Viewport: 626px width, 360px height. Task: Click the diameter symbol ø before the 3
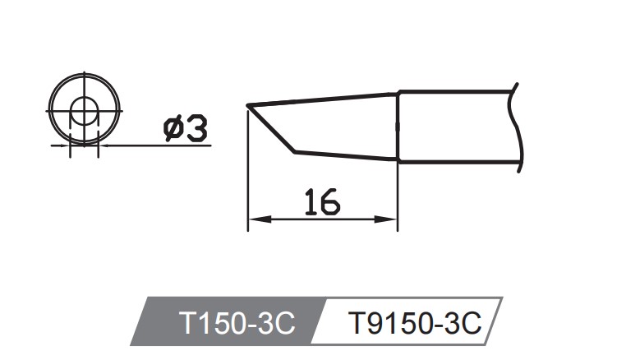point(174,128)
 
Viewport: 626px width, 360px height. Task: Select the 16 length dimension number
point(321,201)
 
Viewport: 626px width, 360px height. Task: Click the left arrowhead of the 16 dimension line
point(254,219)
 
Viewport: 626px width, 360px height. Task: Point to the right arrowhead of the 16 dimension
point(392,219)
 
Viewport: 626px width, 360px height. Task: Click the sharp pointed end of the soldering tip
point(248,105)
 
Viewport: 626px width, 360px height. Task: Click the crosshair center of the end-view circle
point(84,110)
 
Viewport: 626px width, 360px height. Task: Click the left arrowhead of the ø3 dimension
point(65,145)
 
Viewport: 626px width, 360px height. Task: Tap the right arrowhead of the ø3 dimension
point(103,145)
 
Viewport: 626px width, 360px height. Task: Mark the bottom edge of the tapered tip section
point(345,156)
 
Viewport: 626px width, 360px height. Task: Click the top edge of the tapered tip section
point(329,99)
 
